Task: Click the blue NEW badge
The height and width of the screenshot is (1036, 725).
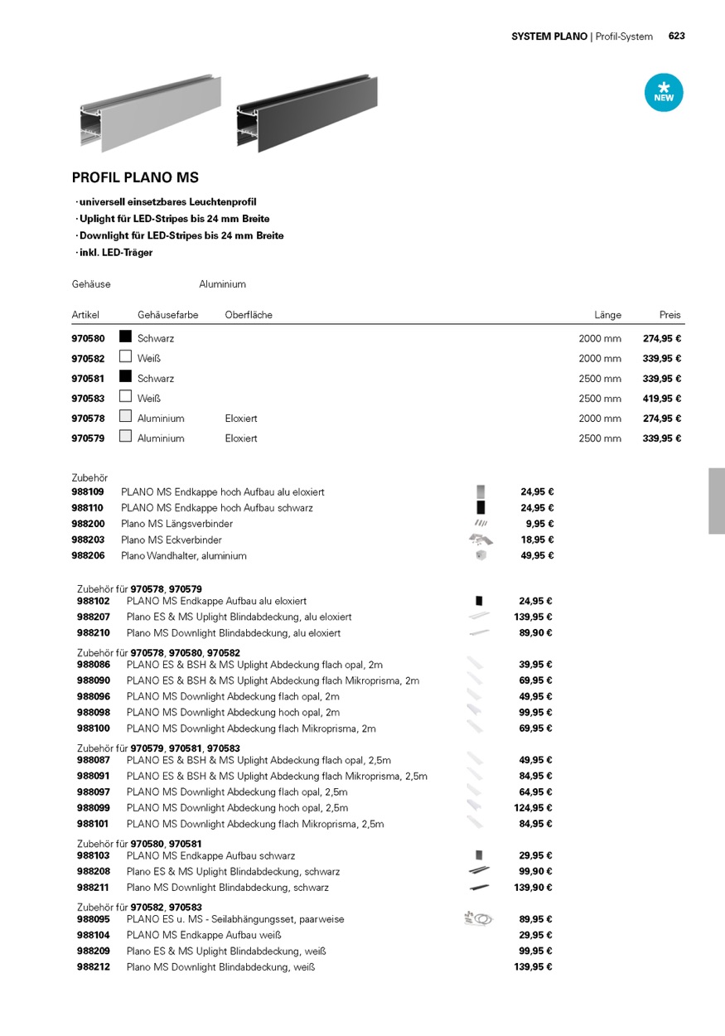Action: click(x=664, y=93)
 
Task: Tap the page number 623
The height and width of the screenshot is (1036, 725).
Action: click(x=676, y=36)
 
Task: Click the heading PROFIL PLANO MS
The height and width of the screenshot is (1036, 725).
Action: click(x=135, y=177)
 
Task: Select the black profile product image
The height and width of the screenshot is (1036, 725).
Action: click(x=307, y=113)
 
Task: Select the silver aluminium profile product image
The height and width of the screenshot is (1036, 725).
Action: click(x=151, y=114)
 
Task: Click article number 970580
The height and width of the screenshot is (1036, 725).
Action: click(x=88, y=338)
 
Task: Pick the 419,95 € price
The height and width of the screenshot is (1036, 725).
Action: click(x=661, y=399)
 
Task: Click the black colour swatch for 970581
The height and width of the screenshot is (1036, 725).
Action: click(x=126, y=376)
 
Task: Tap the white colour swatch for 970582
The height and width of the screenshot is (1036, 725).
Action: click(x=126, y=356)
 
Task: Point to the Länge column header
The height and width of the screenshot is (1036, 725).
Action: click(x=607, y=315)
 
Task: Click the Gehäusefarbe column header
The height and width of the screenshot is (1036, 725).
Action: click(x=168, y=315)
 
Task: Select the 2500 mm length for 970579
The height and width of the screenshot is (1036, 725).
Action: click(x=600, y=438)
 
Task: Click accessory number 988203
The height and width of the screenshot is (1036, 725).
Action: click(x=88, y=540)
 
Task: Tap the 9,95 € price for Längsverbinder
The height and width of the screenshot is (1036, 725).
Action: click(x=539, y=524)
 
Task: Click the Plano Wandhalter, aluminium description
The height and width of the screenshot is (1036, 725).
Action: click(x=184, y=556)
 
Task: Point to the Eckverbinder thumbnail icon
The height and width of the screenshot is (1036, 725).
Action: click(x=480, y=540)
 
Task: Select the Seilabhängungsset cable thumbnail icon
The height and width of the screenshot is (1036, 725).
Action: click(x=478, y=918)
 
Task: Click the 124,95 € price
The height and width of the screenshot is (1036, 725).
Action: click(x=533, y=808)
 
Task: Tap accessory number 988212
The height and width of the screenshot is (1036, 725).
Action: click(x=93, y=967)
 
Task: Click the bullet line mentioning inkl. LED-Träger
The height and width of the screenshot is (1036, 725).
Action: click(x=115, y=253)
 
